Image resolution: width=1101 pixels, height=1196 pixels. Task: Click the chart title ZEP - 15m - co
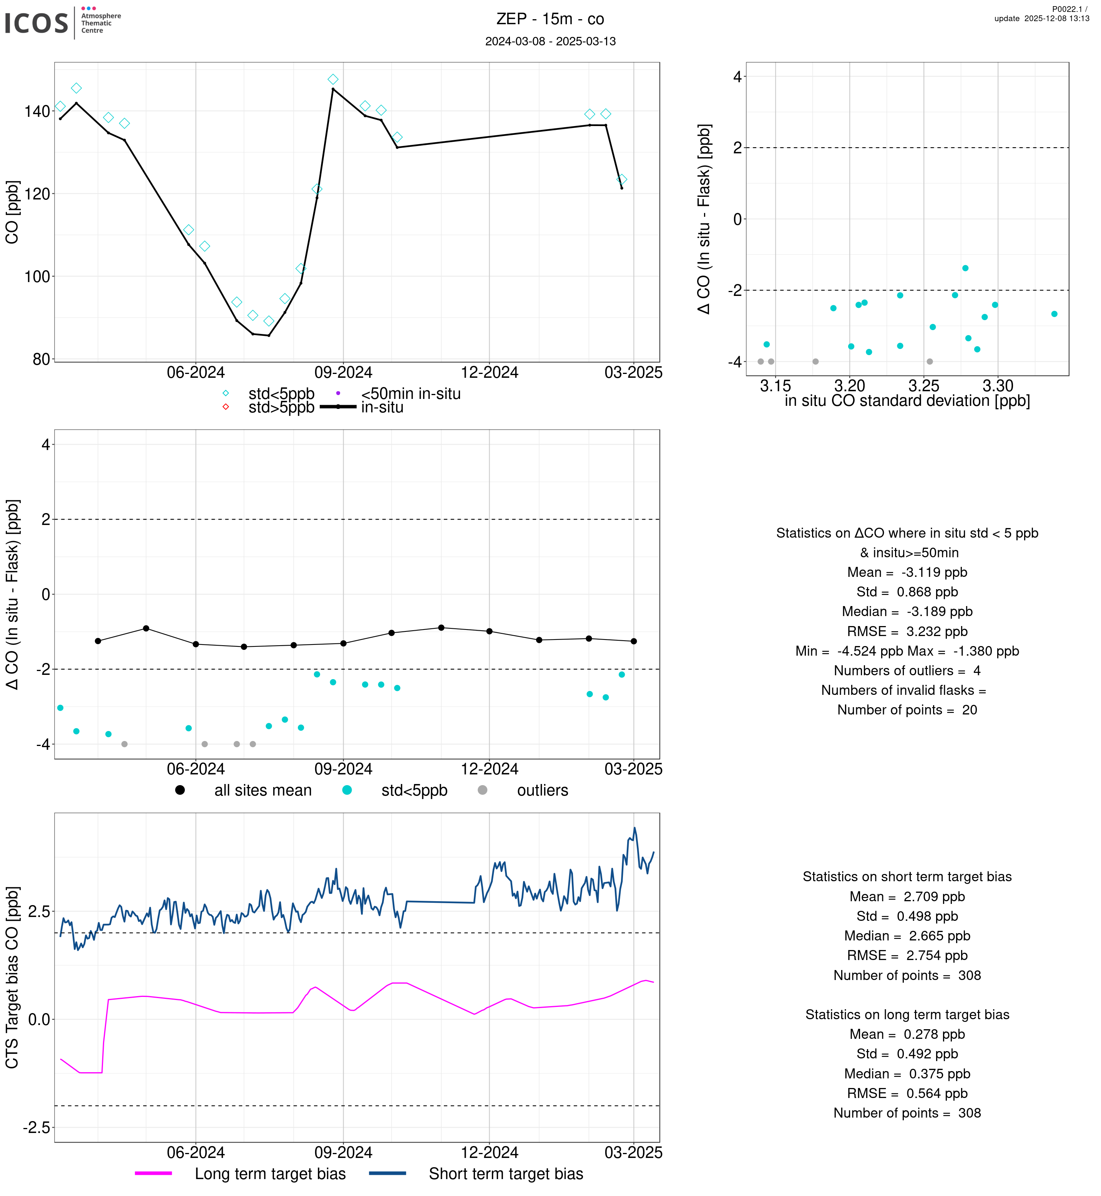550,19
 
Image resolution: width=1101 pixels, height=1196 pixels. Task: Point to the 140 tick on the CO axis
37,111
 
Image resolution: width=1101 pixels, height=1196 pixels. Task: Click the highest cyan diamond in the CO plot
333,79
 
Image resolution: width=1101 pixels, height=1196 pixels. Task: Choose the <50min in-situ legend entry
410,394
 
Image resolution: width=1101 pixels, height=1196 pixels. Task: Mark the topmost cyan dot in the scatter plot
965,268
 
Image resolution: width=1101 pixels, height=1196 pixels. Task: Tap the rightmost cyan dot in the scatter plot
1055,314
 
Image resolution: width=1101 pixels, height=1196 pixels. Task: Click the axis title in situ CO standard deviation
907,401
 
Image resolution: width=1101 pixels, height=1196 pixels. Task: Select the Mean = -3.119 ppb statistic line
907,573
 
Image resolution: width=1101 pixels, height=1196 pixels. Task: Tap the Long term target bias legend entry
270,1174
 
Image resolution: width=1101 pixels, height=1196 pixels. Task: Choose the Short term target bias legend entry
506,1174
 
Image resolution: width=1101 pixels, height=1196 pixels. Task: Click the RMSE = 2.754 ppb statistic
907,956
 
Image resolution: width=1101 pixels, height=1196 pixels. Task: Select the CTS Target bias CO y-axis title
13,977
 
